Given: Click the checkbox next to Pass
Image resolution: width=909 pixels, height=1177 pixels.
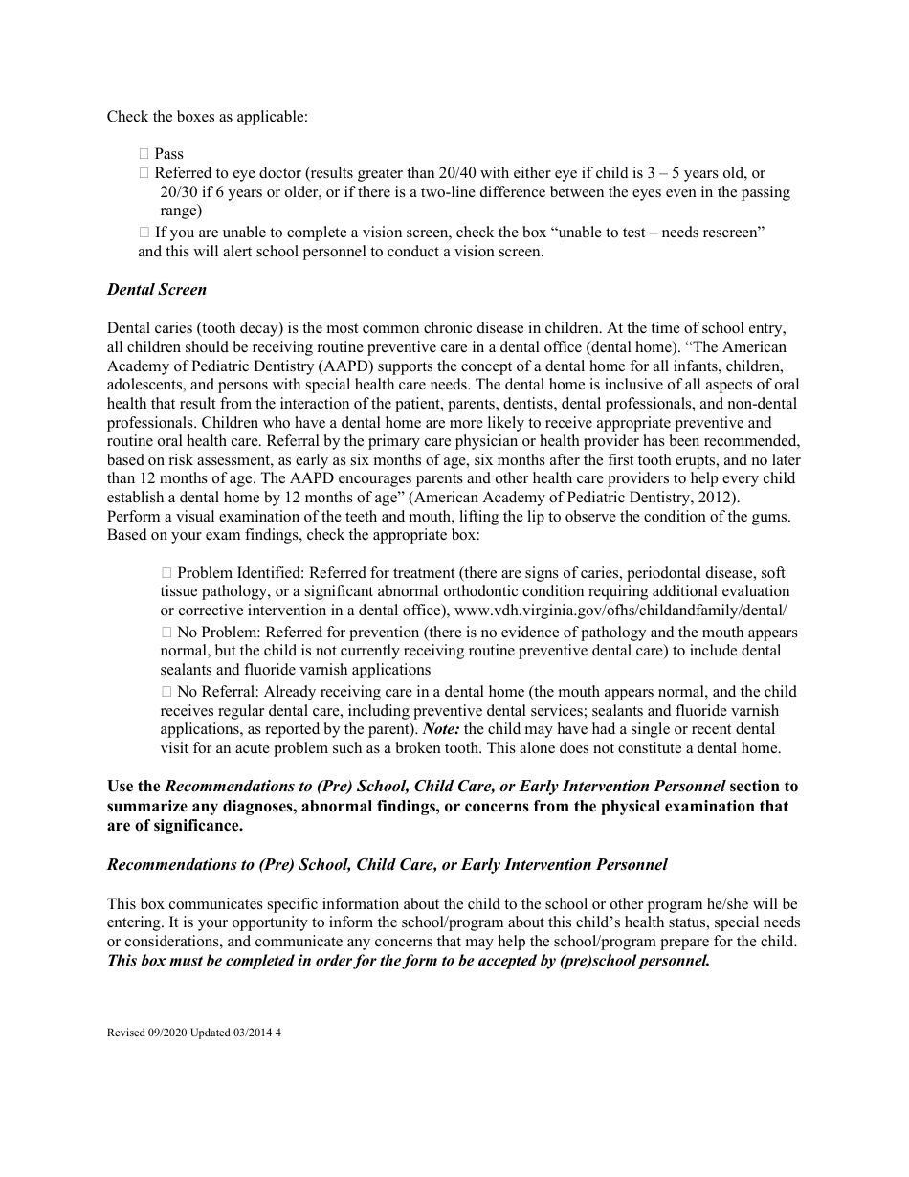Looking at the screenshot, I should tap(144, 153).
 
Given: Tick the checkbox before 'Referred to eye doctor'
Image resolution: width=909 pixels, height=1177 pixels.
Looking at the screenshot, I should tap(144, 173).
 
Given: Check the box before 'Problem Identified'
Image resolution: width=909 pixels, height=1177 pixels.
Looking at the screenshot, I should tap(166, 573).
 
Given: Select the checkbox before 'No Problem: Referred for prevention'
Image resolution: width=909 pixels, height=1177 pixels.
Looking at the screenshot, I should tap(166, 633).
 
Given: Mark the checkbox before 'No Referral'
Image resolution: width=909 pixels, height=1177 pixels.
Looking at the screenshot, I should tap(166, 692).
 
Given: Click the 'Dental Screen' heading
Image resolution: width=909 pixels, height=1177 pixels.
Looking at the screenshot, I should tap(156, 289).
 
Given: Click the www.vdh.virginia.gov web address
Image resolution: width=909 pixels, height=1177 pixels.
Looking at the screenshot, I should tap(621, 611).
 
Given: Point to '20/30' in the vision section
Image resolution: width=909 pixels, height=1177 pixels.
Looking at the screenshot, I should tap(177, 192).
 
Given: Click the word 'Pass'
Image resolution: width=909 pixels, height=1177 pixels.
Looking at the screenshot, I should tap(168, 153).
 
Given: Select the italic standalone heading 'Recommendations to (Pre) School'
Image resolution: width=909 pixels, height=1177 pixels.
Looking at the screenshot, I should tap(387, 864).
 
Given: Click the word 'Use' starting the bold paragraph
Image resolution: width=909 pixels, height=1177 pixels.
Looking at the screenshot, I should tap(120, 787).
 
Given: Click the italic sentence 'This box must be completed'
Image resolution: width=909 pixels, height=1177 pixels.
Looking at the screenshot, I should tap(409, 961).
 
